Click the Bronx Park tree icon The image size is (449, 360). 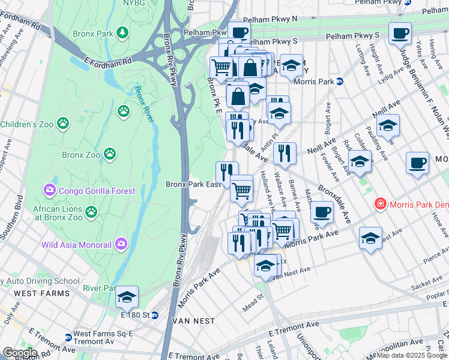pyautogui.click(x=122, y=31)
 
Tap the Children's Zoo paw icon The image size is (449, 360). pyautogui.click(x=63, y=124)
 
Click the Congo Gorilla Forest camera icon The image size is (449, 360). pyautogui.click(x=49, y=191)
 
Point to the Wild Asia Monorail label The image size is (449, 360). pyautogui.click(x=77, y=244)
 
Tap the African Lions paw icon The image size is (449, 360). pyautogui.click(x=91, y=211)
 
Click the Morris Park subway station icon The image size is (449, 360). pyautogui.click(x=339, y=82)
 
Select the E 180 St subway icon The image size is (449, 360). pyautogui.click(x=154, y=314)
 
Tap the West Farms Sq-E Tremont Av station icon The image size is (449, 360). pyautogui.click(x=66, y=334)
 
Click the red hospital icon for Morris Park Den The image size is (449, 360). pyautogui.click(x=379, y=205)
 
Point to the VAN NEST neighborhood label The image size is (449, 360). pyautogui.click(x=193, y=321)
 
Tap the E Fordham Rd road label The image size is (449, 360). pyautogui.click(x=108, y=61)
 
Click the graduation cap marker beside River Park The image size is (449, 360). pyautogui.click(x=127, y=296)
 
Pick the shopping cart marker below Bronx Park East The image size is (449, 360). pyautogui.click(x=241, y=191)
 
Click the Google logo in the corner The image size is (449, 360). pyautogui.click(x=19, y=353)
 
